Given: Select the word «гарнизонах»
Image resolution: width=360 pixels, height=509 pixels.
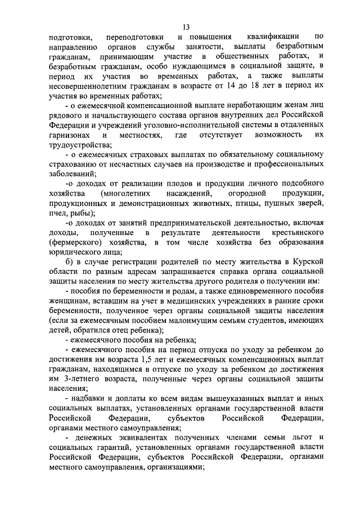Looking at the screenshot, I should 70,136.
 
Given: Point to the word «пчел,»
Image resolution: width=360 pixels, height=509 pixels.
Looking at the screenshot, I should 59,214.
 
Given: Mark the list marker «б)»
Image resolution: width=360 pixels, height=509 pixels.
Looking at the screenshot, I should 71,264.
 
